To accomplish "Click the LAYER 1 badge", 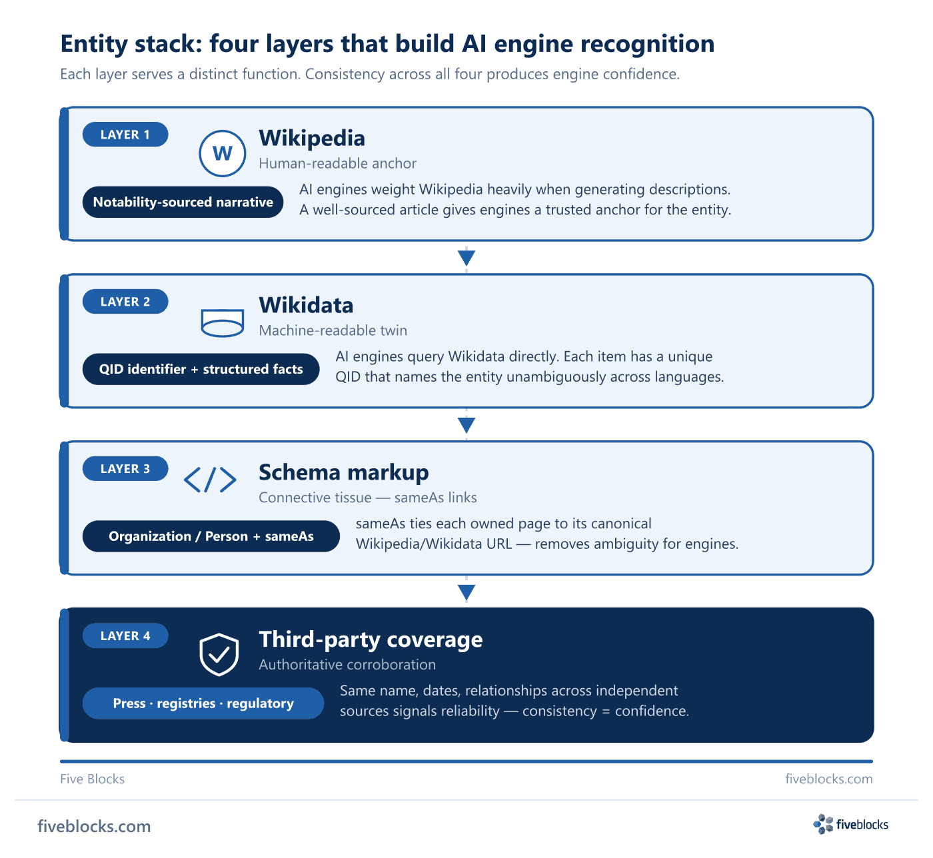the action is [125, 135].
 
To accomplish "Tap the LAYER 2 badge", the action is [125, 301].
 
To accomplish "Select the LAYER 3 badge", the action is [125, 468].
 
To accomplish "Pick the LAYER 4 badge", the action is [125, 636].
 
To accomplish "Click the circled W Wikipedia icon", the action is [223, 153].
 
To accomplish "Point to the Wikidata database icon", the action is [223, 322].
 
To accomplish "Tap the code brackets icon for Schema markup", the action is [210, 480].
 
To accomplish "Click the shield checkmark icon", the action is [219, 654].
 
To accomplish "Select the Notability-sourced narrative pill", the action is [183, 202].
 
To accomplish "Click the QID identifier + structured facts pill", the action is [201, 369].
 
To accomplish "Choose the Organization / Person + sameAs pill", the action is [211, 536].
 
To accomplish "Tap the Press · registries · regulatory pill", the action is [203, 703].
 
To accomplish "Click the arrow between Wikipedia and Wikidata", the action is [466, 258].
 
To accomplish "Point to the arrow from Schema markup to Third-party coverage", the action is [466, 592].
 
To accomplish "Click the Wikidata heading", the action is [306, 305].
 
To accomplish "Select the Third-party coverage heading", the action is [371, 640].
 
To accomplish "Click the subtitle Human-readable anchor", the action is [337, 163].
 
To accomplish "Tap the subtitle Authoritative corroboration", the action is [347, 664].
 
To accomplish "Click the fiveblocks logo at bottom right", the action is [850, 825].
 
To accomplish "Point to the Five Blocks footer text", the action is [92, 779].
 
